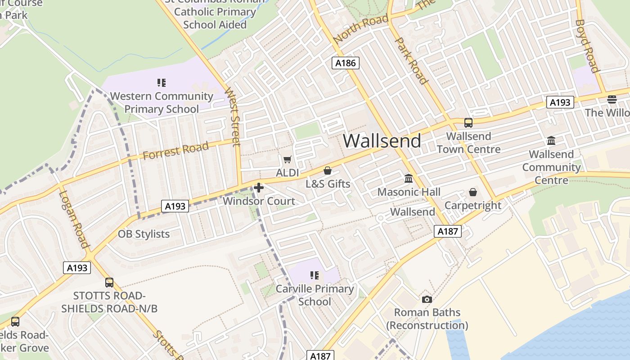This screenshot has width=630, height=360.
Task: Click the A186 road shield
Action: coord(346,63)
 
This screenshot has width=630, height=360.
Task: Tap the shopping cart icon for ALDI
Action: coord(287,159)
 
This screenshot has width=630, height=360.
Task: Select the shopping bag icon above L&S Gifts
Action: coord(328,171)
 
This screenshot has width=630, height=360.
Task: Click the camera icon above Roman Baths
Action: coord(427,299)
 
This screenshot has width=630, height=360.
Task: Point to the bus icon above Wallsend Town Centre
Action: coord(468,122)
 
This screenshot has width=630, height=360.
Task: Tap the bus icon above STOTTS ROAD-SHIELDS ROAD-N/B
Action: coord(109,282)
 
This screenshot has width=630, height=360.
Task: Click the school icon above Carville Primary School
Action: coord(315,275)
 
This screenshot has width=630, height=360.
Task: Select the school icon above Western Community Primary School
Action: coord(162,82)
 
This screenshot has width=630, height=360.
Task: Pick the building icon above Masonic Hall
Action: coord(409,179)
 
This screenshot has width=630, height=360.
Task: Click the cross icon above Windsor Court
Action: coord(259,188)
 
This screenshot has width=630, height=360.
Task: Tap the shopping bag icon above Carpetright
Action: coord(473,192)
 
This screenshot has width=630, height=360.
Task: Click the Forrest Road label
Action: coord(176,150)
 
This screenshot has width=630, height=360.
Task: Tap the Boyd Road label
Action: coord(588,46)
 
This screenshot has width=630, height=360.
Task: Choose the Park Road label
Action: coord(411,61)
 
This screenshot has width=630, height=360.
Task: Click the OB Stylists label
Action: coord(144,234)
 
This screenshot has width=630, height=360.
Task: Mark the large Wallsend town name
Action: coord(382,141)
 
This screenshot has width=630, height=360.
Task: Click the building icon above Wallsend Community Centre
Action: coord(551,141)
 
